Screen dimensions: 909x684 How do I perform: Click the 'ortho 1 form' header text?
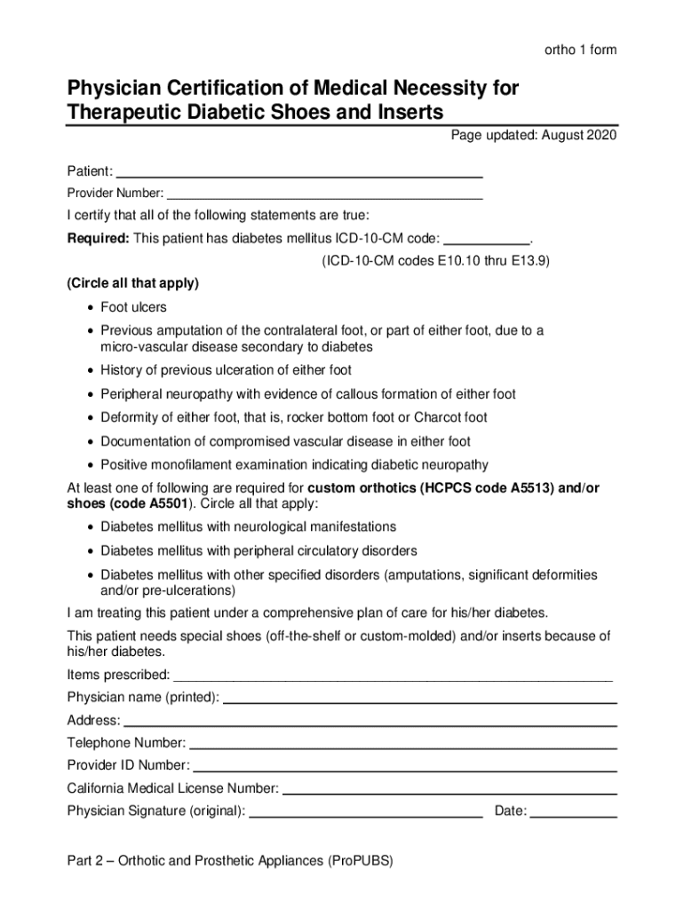coord(580,51)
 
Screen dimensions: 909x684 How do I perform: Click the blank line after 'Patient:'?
coord(300,170)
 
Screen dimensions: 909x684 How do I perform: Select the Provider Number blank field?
coord(325,193)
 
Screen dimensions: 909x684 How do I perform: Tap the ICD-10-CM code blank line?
coord(485,238)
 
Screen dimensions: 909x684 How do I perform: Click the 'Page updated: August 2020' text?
coord(533,135)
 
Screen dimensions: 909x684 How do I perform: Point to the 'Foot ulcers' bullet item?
coord(133,307)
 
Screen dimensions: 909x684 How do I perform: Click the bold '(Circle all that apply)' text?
coord(133,284)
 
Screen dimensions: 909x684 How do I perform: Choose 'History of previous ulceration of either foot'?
coord(226,370)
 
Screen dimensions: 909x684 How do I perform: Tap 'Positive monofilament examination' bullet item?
coord(293,465)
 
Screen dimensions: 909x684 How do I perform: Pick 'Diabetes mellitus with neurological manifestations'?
coord(248,527)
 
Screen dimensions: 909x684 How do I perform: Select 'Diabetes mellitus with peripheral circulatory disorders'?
coord(258,551)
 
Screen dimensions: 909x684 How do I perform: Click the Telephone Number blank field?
coord(403,743)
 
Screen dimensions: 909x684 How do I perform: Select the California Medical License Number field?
coord(449,788)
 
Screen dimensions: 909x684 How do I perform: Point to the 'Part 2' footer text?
coord(229,861)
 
